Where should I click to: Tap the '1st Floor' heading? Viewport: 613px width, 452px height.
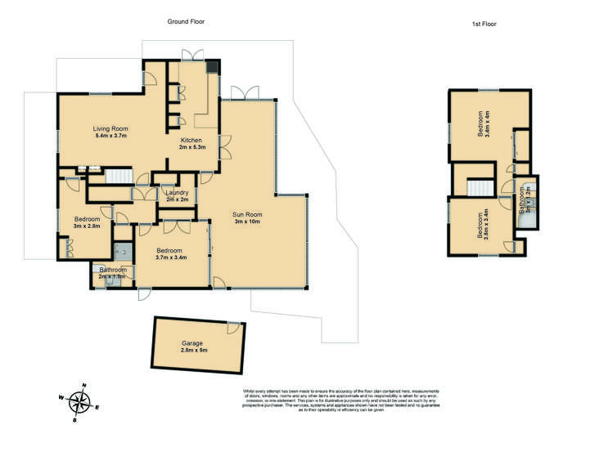point(484,25)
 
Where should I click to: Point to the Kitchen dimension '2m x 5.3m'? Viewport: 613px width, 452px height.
point(193,148)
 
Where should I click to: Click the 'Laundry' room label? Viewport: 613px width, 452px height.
point(178,192)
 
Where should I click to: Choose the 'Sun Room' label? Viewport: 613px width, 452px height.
point(247,214)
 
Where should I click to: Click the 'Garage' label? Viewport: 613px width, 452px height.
point(193,343)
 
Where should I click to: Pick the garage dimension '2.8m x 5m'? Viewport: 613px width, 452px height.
point(194,351)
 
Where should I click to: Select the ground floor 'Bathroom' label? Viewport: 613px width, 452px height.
point(113,270)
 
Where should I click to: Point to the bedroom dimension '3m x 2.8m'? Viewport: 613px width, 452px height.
point(87,226)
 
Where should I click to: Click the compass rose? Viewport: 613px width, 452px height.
point(80,402)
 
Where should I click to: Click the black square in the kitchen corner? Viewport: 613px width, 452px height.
point(213,68)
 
